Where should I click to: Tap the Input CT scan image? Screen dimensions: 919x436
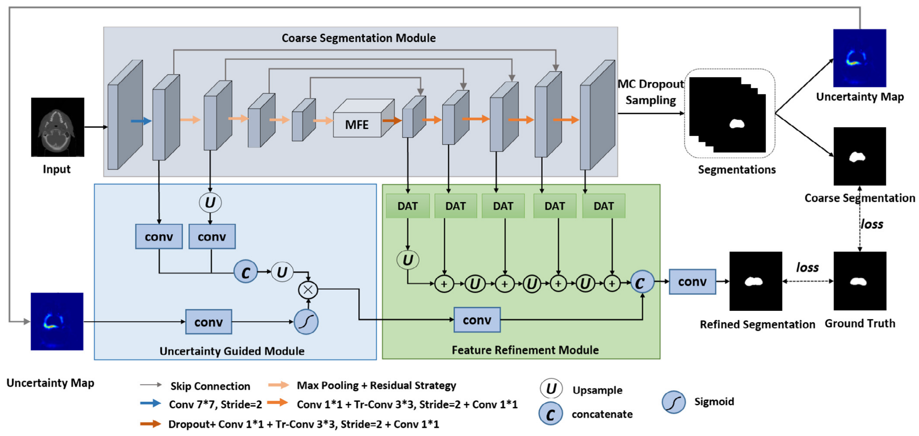(x=57, y=127)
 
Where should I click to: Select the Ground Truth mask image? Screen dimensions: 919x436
(x=860, y=281)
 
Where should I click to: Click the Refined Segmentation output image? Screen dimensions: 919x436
(x=756, y=281)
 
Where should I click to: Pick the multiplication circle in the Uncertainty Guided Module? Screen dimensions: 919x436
(x=308, y=290)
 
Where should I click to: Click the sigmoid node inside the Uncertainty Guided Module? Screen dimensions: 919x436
(x=306, y=322)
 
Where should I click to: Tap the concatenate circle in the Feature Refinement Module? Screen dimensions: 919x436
(x=642, y=283)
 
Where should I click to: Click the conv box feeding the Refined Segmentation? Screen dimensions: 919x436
(x=692, y=282)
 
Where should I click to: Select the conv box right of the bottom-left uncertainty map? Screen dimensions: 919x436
(x=209, y=322)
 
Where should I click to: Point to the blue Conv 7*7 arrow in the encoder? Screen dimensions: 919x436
(x=141, y=121)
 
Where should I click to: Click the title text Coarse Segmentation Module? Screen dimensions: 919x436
(x=359, y=38)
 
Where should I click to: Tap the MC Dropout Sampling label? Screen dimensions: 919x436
(x=651, y=92)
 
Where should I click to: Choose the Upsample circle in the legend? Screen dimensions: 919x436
(x=551, y=389)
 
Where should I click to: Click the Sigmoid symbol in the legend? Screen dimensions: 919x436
(x=674, y=402)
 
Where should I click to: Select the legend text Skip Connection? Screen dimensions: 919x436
(x=210, y=386)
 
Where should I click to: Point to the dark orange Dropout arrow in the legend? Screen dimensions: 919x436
(x=151, y=424)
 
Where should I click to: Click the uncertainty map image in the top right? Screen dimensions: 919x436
(x=860, y=58)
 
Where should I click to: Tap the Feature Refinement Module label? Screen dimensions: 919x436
(x=525, y=350)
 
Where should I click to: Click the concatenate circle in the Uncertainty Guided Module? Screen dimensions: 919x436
(x=246, y=272)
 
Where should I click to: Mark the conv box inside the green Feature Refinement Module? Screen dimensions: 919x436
(x=477, y=320)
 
